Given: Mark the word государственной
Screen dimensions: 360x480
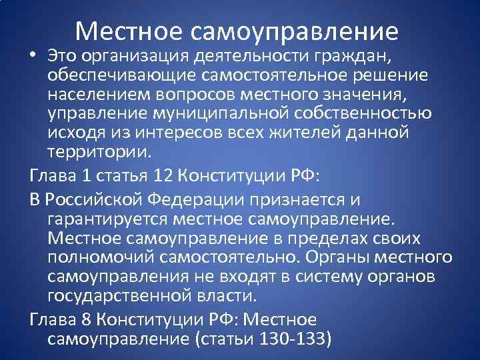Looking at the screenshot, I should [127, 295].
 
